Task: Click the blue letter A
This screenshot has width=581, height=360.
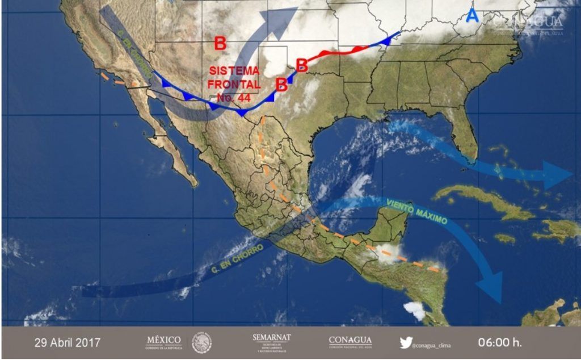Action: coord(472,16)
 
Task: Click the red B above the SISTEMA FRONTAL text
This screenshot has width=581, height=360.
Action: coord(220,43)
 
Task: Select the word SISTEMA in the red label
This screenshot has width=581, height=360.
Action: coord(234,72)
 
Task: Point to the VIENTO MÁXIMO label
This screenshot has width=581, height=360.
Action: coord(417,211)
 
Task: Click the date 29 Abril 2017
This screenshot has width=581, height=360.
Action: coord(68,343)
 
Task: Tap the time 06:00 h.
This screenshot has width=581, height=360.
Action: coord(500,343)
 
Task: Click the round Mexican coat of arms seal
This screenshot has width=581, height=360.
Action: coord(202,342)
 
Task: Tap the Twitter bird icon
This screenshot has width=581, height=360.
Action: coord(405,342)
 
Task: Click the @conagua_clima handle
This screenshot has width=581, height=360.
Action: coord(434,344)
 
